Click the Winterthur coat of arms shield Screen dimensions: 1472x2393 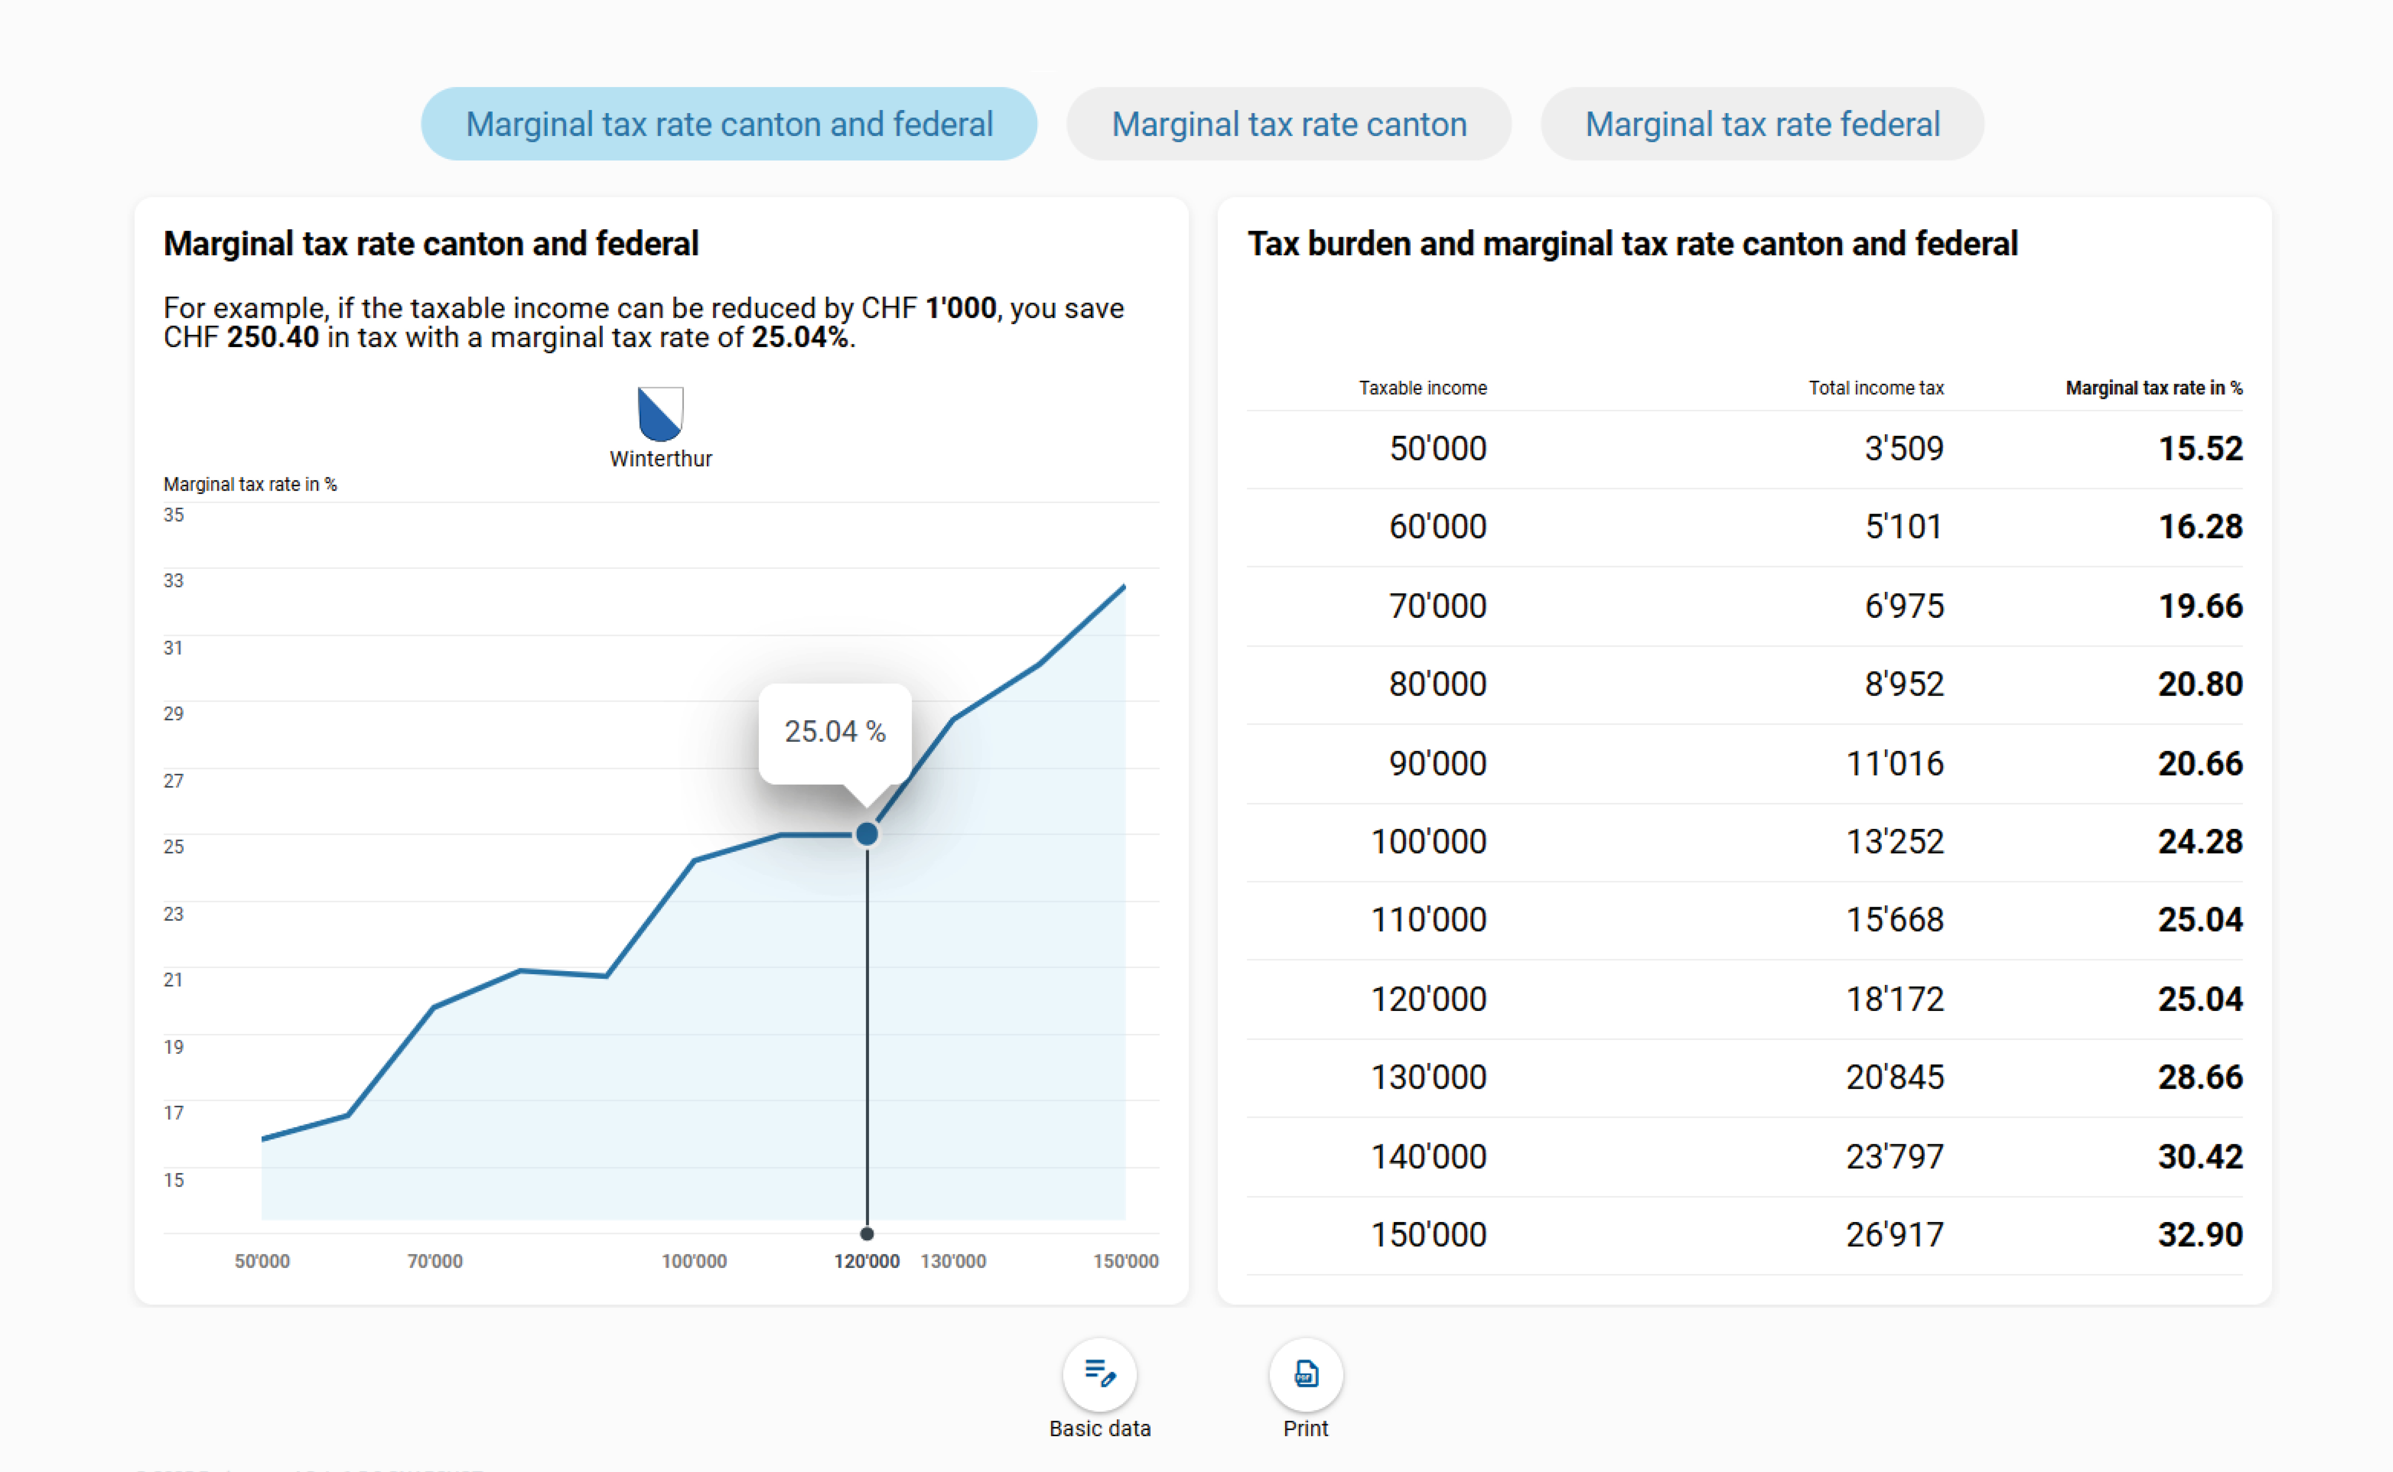pos(660,414)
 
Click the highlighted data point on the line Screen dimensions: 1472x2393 pos(866,834)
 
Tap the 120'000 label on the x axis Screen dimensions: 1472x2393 pos(866,1261)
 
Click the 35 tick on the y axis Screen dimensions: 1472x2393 pos(173,515)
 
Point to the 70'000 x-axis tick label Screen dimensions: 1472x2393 pos(434,1261)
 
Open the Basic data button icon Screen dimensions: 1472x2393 pos(1099,1374)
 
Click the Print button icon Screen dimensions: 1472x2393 pos(1305,1374)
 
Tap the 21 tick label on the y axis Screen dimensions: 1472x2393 pos(173,980)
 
